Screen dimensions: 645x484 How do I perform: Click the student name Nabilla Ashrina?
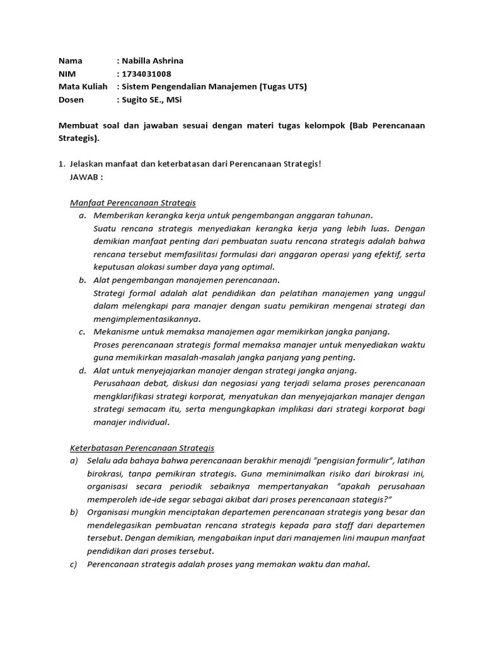(x=152, y=61)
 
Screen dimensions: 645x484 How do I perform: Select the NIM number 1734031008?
(x=146, y=74)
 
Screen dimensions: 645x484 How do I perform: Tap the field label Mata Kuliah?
(x=83, y=86)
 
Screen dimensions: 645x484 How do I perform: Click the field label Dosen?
(x=71, y=100)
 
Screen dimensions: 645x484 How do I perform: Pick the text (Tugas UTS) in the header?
(x=283, y=86)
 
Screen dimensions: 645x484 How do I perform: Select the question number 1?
(x=61, y=164)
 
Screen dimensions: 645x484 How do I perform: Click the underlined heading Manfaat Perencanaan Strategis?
(x=132, y=203)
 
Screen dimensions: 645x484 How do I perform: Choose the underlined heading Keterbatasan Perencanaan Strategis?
(x=142, y=448)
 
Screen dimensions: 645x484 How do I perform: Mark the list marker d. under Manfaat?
(x=82, y=370)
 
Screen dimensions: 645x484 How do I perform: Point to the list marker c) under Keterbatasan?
(x=74, y=564)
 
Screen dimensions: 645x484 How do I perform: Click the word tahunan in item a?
(x=355, y=215)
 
